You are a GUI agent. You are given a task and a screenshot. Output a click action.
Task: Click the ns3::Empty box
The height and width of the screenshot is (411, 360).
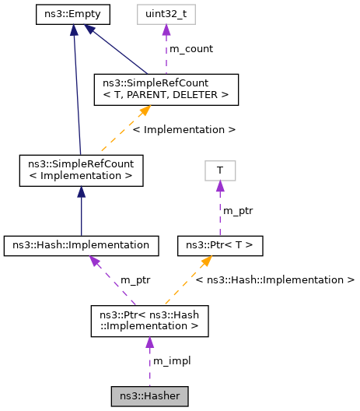[74, 14]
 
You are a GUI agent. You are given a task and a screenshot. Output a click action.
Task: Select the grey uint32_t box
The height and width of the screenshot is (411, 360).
[166, 14]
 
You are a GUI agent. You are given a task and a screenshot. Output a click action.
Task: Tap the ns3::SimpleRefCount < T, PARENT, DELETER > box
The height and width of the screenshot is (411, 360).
[166, 89]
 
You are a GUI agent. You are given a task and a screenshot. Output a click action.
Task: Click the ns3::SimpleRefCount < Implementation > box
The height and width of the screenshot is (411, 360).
[81, 170]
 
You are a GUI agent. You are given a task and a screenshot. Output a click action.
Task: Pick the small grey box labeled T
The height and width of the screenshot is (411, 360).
[220, 170]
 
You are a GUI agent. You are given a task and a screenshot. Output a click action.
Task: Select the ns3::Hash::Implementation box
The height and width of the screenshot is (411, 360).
[81, 245]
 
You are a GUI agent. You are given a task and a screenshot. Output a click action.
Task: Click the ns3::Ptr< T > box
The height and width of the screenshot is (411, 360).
[220, 245]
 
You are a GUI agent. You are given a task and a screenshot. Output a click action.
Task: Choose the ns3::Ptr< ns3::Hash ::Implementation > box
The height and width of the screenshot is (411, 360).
[149, 321]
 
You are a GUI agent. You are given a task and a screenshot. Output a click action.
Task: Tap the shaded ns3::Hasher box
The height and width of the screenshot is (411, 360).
[149, 396]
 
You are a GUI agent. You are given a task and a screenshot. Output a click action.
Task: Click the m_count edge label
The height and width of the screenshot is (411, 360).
[190, 48]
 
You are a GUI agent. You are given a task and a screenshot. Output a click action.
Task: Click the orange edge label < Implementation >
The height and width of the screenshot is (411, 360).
[183, 129]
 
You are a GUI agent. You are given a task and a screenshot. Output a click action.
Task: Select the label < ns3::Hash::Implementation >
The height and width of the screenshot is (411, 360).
[275, 279]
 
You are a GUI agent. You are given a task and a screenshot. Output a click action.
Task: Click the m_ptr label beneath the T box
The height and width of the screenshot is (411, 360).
[238, 210]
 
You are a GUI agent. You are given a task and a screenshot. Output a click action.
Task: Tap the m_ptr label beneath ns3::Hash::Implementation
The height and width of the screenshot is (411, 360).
[135, 279]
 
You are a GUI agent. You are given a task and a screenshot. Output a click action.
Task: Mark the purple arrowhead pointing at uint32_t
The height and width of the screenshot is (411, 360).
[166, 30]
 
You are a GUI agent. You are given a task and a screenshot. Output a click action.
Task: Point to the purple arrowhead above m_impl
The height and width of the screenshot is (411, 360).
[149, 343]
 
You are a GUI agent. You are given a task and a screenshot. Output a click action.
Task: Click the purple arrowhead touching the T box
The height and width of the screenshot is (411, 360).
[220, 185]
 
